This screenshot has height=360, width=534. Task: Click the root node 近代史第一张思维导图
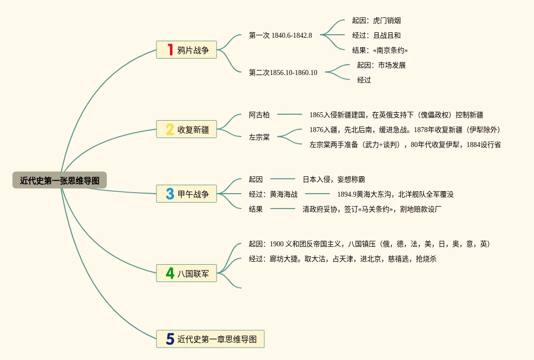pos(60,180)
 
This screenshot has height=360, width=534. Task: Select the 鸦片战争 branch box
pos(186,50)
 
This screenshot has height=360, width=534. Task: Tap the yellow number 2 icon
pos(170,130)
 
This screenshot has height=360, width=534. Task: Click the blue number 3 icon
pos(170,194)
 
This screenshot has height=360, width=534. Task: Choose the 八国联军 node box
pos(186,273)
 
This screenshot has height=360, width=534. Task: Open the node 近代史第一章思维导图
pos(210,339)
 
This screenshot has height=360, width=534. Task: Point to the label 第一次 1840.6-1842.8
pos(280,35)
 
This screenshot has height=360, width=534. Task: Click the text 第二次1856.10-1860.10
pos(283,72)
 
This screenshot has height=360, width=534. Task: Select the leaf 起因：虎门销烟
pos(376,20)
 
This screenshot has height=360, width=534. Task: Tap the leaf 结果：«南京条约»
pos(380,50)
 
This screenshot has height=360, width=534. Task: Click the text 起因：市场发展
pos(381,65)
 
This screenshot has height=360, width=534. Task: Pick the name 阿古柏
pos(259,115)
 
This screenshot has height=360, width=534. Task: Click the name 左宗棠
pos(259,137)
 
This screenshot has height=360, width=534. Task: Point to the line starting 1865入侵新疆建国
pos(396,115)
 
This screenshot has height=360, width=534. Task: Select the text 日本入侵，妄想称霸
pos(333,179)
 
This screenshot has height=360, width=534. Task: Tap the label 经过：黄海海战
pos(273,194)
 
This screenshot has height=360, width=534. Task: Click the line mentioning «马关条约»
pos(372,209)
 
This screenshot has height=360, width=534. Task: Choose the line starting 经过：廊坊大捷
pos(342,259)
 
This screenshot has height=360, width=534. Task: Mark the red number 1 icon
pos(170,50)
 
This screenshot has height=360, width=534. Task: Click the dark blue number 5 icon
pos(170,339)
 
